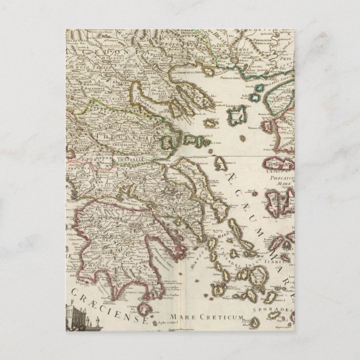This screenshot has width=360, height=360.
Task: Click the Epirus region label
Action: [82, 158]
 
